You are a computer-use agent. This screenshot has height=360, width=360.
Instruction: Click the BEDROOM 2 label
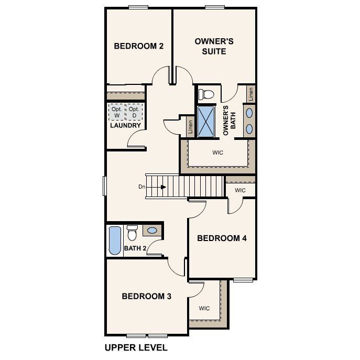[139, 46]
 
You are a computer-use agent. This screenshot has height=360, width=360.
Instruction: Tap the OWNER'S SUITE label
[210, 46]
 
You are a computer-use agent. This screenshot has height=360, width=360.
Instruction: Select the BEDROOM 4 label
[222, 238]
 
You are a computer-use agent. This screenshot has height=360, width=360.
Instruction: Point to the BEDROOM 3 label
[147, 296]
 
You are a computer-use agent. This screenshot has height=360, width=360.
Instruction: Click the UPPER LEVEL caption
[136, 347]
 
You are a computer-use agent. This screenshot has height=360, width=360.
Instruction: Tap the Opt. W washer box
[116, 112]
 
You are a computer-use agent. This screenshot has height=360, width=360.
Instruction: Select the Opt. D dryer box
[135, 112]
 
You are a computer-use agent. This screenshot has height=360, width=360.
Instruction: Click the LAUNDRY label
[125, 126]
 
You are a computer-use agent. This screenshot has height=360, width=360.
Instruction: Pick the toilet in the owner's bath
[207, 94]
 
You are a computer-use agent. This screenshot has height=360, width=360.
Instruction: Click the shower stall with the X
[206, 121]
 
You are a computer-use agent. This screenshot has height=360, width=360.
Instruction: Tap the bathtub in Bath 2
[114, 240]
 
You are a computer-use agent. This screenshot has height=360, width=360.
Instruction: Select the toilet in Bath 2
[132, 232]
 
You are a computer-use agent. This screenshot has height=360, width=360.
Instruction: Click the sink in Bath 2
[152, 231]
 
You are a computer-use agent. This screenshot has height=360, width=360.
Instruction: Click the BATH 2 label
[135, 248]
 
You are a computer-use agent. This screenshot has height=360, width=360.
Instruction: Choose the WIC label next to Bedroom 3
[204, 308]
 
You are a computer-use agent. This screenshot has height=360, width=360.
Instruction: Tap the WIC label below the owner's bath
[218, 154]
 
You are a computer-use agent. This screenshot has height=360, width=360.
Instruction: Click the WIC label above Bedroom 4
[240, 190]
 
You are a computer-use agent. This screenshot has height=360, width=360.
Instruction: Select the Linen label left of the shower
[190, 127]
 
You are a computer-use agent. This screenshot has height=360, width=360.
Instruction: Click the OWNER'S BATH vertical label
[226, 121]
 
